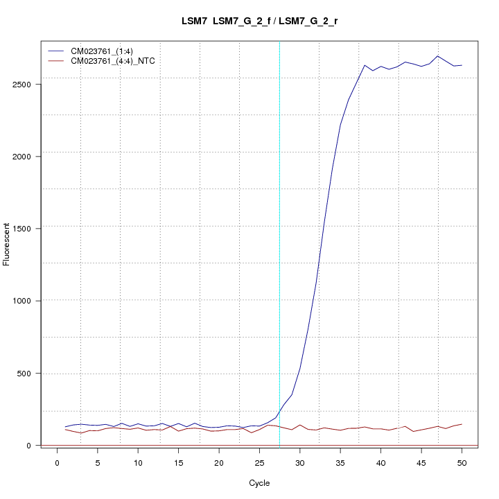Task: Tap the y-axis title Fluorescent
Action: [x=8, y=243]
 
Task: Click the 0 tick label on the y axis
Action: [x=31, y=445]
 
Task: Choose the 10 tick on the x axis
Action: [x=138, y=462]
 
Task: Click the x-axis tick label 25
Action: [x=259, y=462]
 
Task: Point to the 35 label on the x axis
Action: [x=340, y=462]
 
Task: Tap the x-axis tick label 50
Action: [x=462, y=462]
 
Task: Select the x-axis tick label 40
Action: [x=380, y=462]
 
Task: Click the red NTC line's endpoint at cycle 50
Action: [x=462, y=424]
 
